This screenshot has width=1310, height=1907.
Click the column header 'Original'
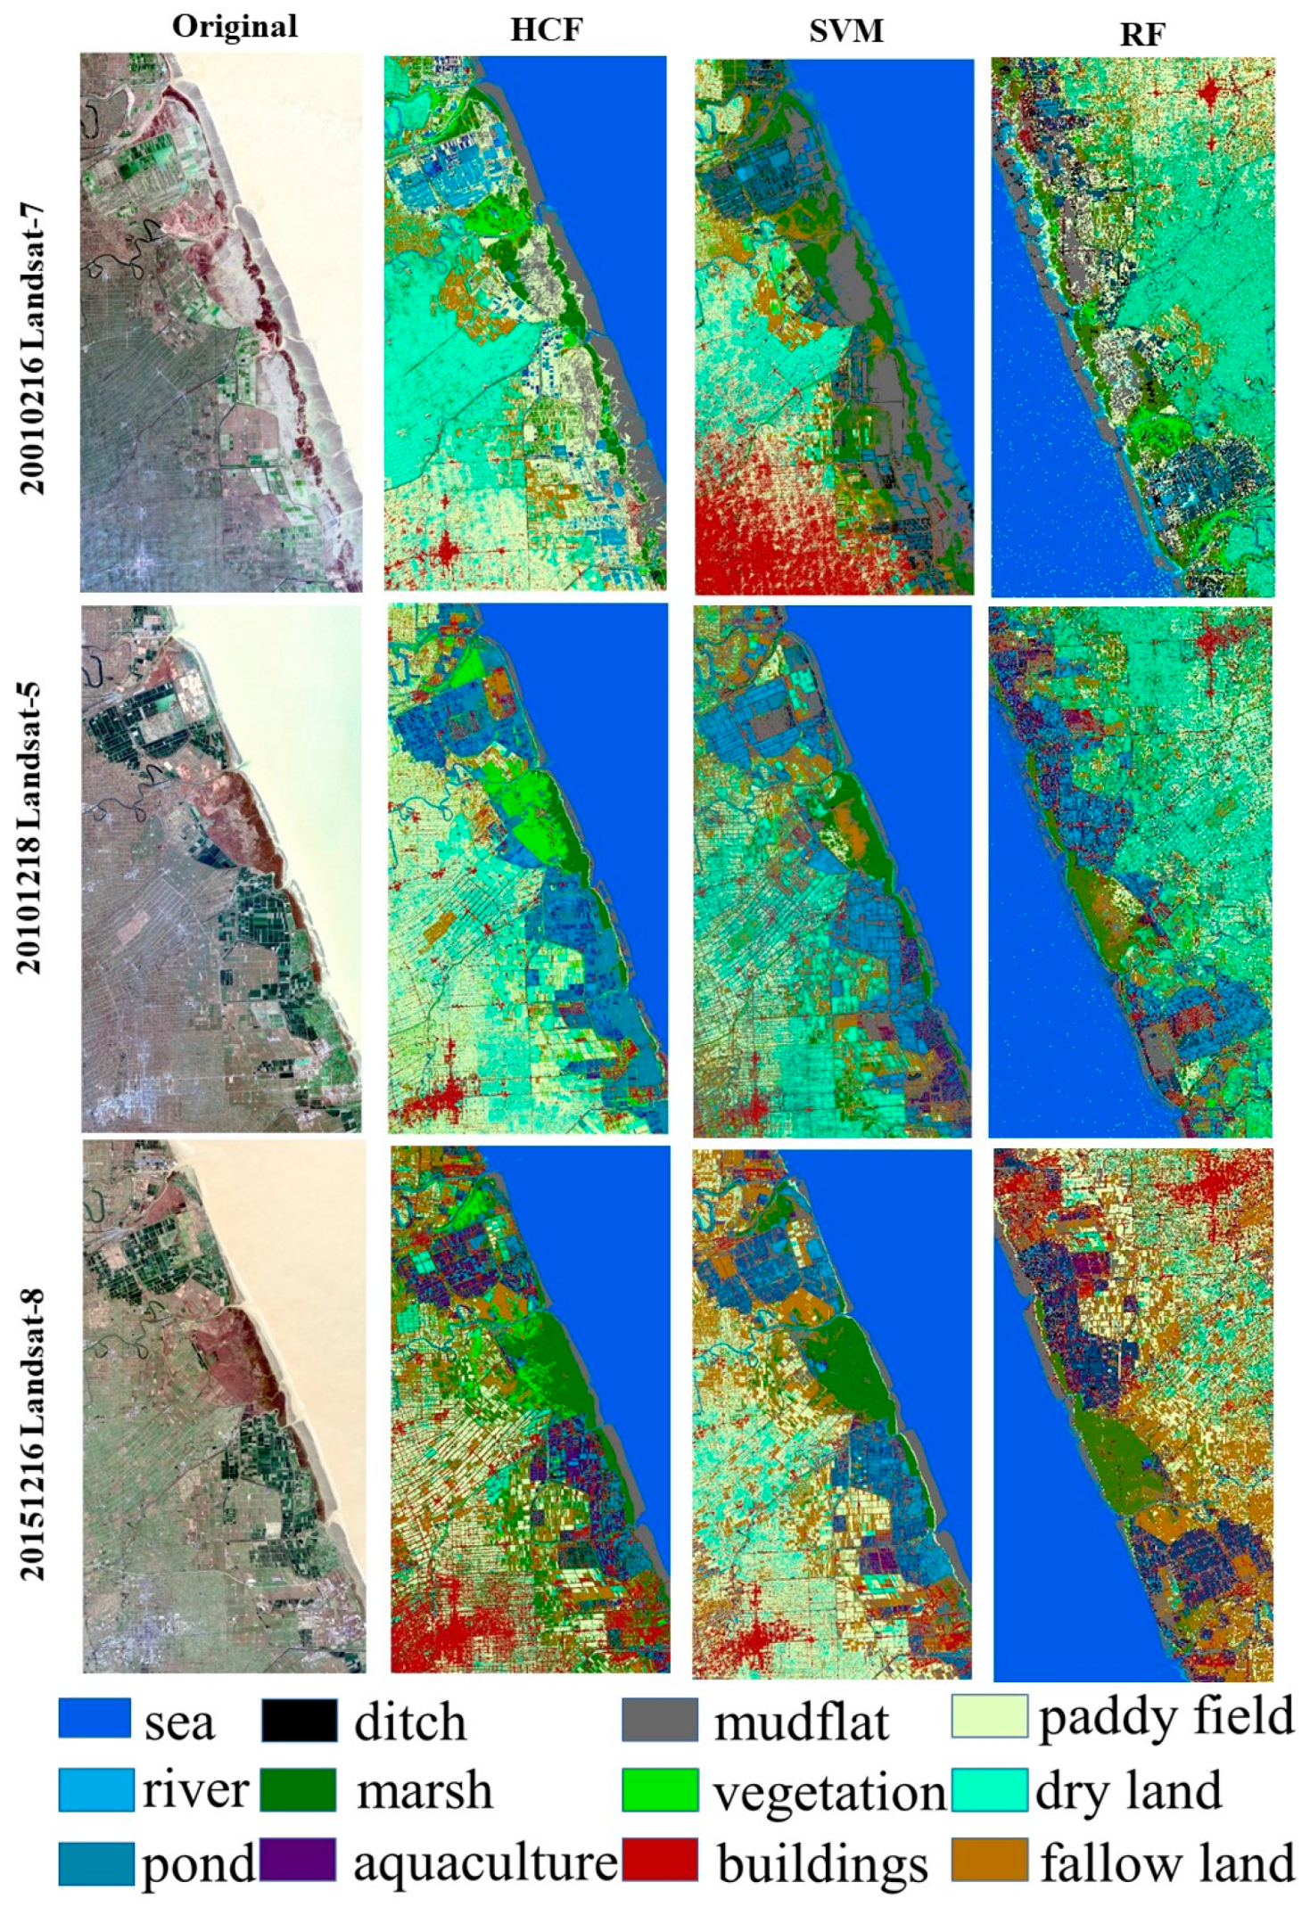[235, 27]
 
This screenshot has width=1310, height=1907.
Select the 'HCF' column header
[546, 30]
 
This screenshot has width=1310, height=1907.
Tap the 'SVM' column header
[845, 31]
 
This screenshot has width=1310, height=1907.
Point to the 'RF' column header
[1142, 34]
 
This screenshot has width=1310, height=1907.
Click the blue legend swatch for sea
[95, 1717]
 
